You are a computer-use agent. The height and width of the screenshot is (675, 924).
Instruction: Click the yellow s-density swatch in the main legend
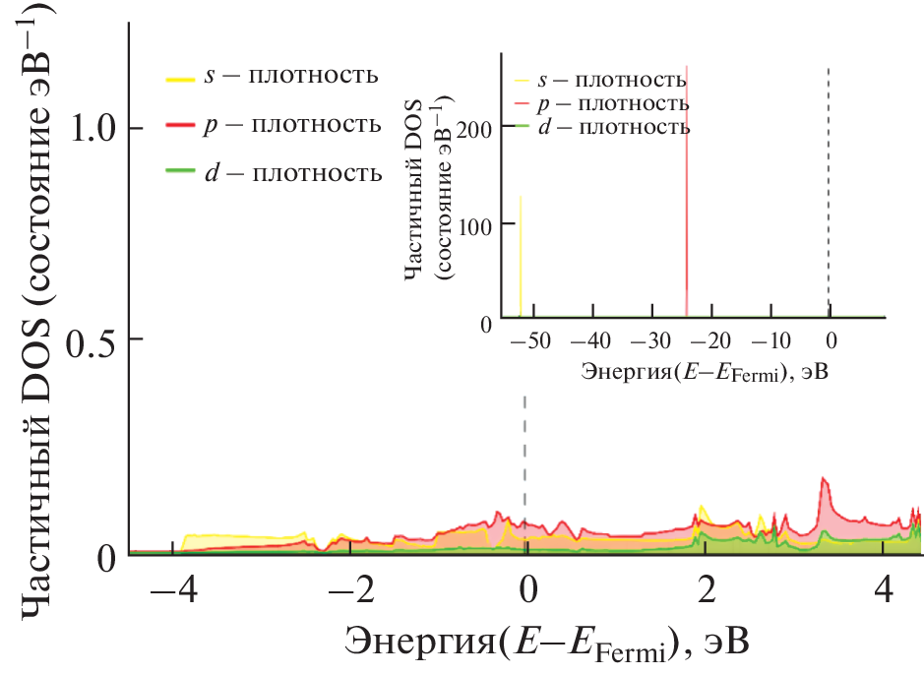pyautogui.click(x=181, y=77)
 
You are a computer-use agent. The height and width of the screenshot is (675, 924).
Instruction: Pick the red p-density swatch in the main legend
pyautogui.click(x=181, y=126)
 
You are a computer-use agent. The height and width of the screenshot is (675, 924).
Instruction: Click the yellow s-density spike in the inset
pyautogui.click(x=521, y=256)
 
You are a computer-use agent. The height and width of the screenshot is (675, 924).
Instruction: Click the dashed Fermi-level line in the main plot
pyautogui.click(x=524, y=443)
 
